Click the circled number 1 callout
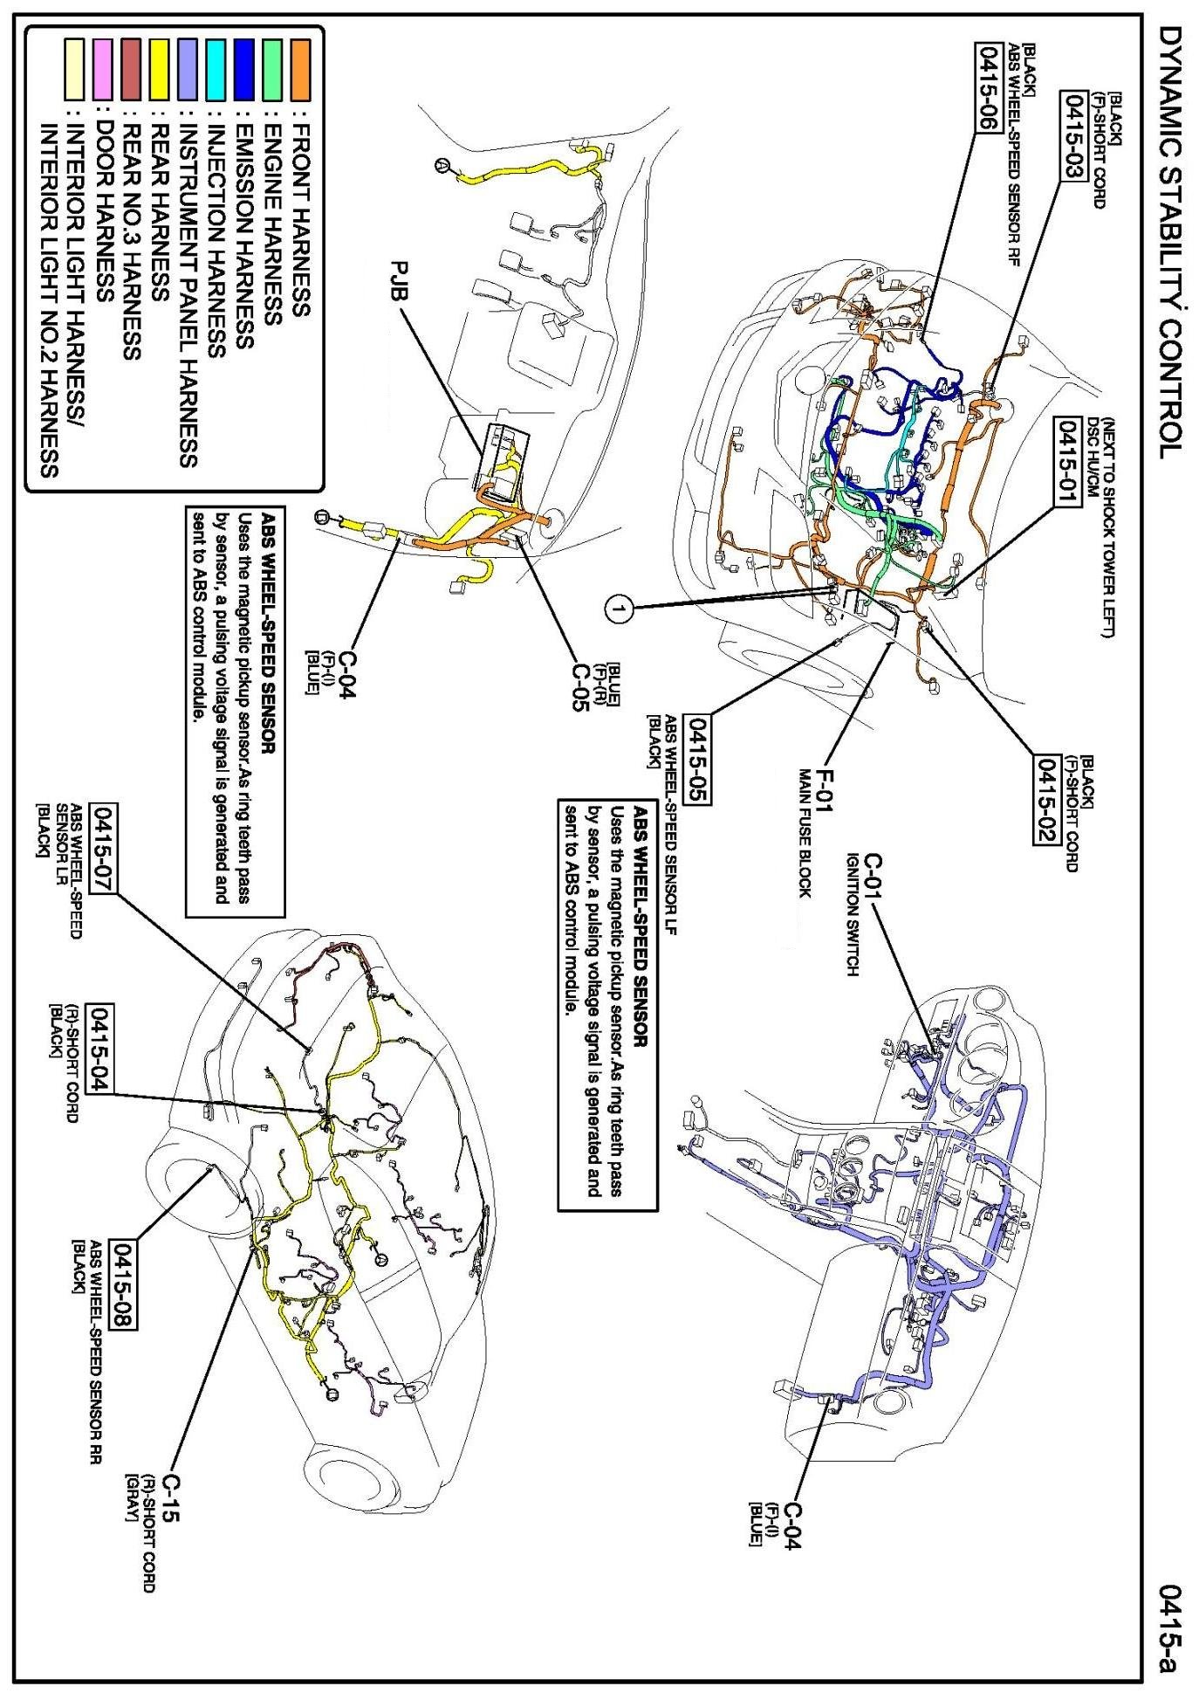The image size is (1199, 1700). (619, 609)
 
